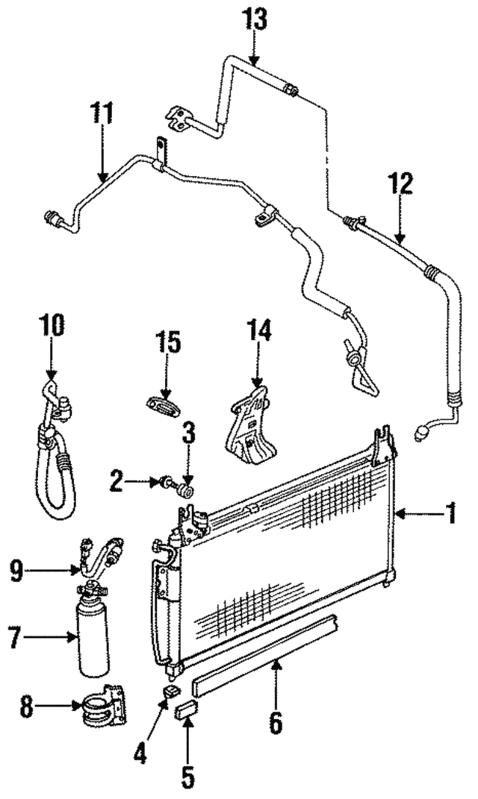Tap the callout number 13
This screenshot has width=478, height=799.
(x=254, y=21)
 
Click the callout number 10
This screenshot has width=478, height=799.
(x=52, y=327)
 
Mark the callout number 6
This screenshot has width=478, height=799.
(x=276, y=721)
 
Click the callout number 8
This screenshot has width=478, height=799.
(x=27, y=706)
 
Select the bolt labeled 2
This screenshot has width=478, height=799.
(x=162, y=485)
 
